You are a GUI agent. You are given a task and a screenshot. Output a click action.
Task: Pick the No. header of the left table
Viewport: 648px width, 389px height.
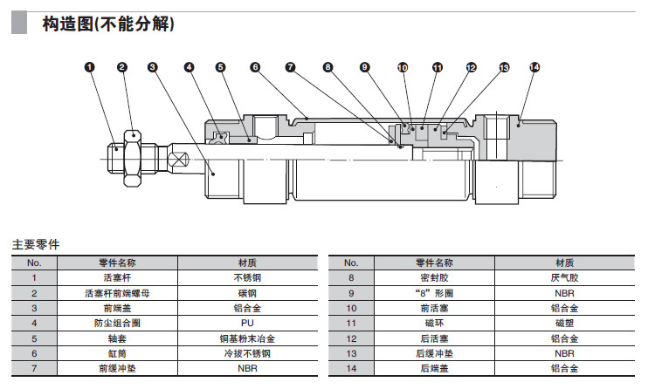pyautogui.click(x=34, y=263)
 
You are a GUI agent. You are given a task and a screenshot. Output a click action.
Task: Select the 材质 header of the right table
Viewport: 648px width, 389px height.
pyautogui.click(x=564, y=263)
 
